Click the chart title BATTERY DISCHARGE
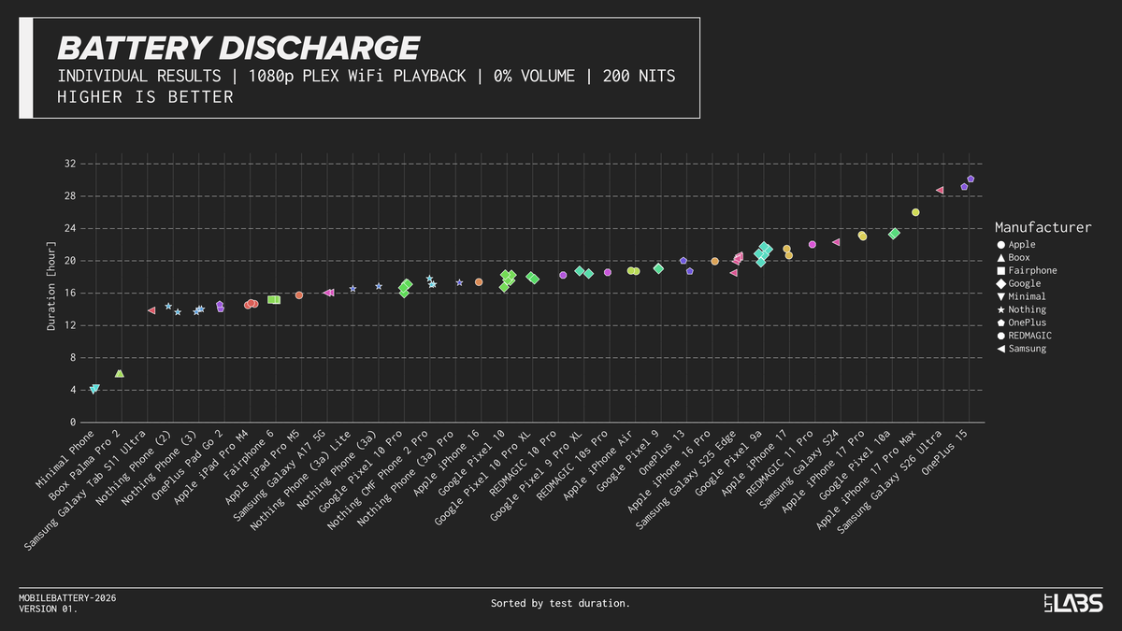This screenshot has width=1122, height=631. [x=237, y=48]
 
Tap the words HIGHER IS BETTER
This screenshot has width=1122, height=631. [x=145, y=97]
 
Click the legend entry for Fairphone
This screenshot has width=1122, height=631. [x=1032, y=270]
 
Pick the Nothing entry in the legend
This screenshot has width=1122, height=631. [x=1027, y=309]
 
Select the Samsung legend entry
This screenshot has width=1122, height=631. [x=1027, y=349]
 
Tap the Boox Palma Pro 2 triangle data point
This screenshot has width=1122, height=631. [x=119, y=373]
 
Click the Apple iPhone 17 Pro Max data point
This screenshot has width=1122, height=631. [x=915, y=212]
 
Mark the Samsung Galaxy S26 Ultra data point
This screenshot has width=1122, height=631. [x=940, y=190]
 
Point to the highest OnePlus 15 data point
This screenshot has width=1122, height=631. [x=971, y=179]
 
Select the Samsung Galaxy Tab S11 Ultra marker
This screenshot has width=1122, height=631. [x=151, y=310]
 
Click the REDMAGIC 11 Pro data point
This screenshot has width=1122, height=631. [x=812, y=244]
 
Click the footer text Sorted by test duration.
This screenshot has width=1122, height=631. [x=560, y=604]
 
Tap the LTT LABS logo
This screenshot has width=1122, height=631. [x=1073, y=603]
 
